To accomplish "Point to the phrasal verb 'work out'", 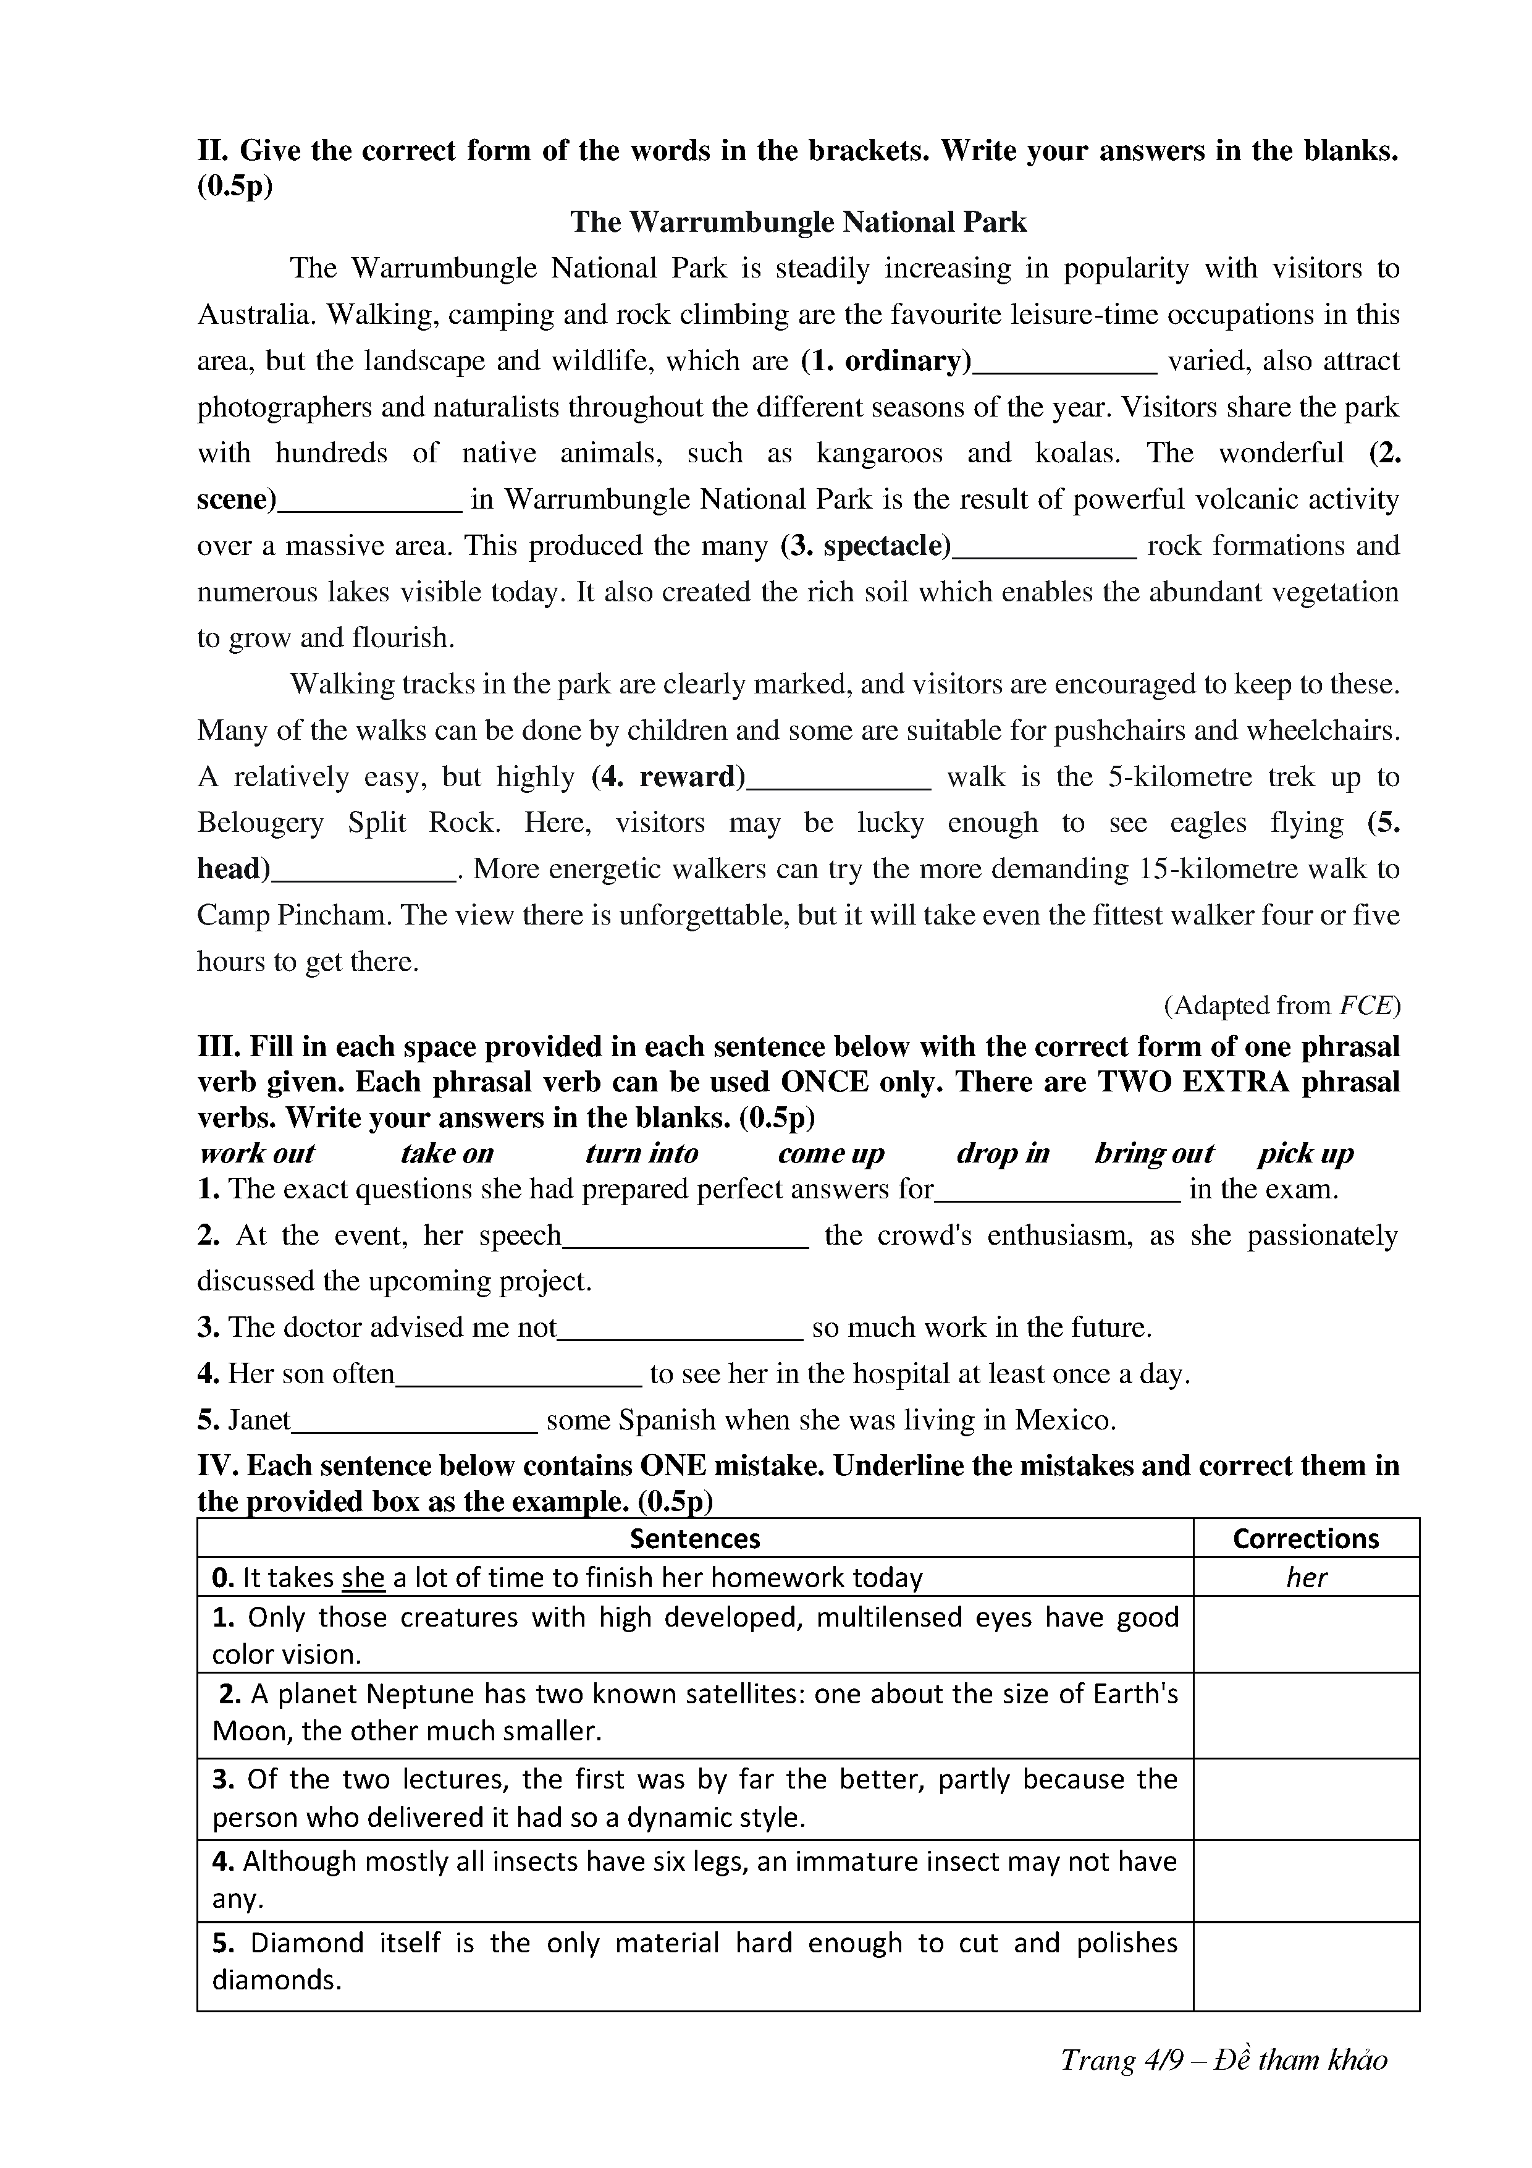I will coord(257,1154).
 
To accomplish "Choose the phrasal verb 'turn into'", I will coord(641,1154).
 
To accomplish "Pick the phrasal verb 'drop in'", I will coord(1003,1154).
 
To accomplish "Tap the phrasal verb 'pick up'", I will coord(1305,1154).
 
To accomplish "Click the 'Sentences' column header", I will coord(695,1539).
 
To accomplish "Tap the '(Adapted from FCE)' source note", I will coord(1281,1007).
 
